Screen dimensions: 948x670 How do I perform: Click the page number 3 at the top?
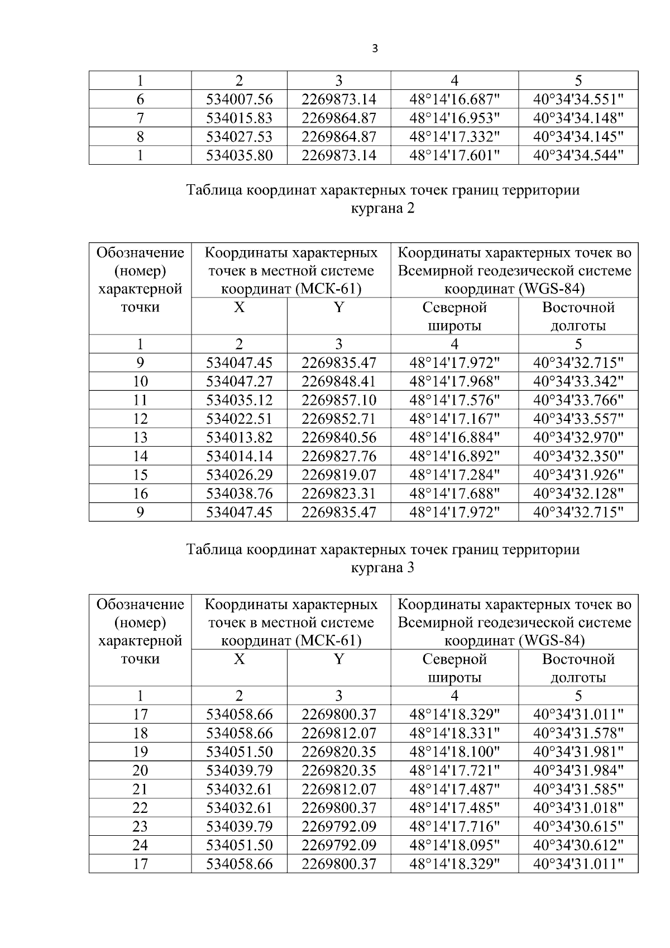(375, 49)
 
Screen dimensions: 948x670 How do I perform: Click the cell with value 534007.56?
(239, 99)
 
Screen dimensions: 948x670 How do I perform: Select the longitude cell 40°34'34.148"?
(578, 118)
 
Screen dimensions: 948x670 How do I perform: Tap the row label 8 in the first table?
(140, 137)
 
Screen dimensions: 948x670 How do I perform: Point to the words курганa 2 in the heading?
(382, 209)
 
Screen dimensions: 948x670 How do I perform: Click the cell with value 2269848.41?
(338, 381)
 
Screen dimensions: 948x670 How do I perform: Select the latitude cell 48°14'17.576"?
(454, 400)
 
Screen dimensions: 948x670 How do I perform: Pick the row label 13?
(140, 438)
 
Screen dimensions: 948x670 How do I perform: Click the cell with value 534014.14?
(239, 456)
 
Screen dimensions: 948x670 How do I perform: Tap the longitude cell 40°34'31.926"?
(578, 475)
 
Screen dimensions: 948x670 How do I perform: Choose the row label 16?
(140, 494)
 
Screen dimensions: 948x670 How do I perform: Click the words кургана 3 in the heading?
(382, 568)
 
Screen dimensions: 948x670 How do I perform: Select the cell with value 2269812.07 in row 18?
(338, 733)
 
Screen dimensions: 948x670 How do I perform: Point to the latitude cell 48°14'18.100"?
(454, 751)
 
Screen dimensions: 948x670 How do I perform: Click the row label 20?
(140, 770)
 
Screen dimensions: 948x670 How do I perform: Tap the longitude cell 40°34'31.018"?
(578, 808)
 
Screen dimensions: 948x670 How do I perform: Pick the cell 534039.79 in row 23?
(239, 826)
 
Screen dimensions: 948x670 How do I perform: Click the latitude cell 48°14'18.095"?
(454, 845)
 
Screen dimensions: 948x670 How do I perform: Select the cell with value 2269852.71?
(338, 419)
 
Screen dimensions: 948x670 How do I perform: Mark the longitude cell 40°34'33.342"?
(578, 381)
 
